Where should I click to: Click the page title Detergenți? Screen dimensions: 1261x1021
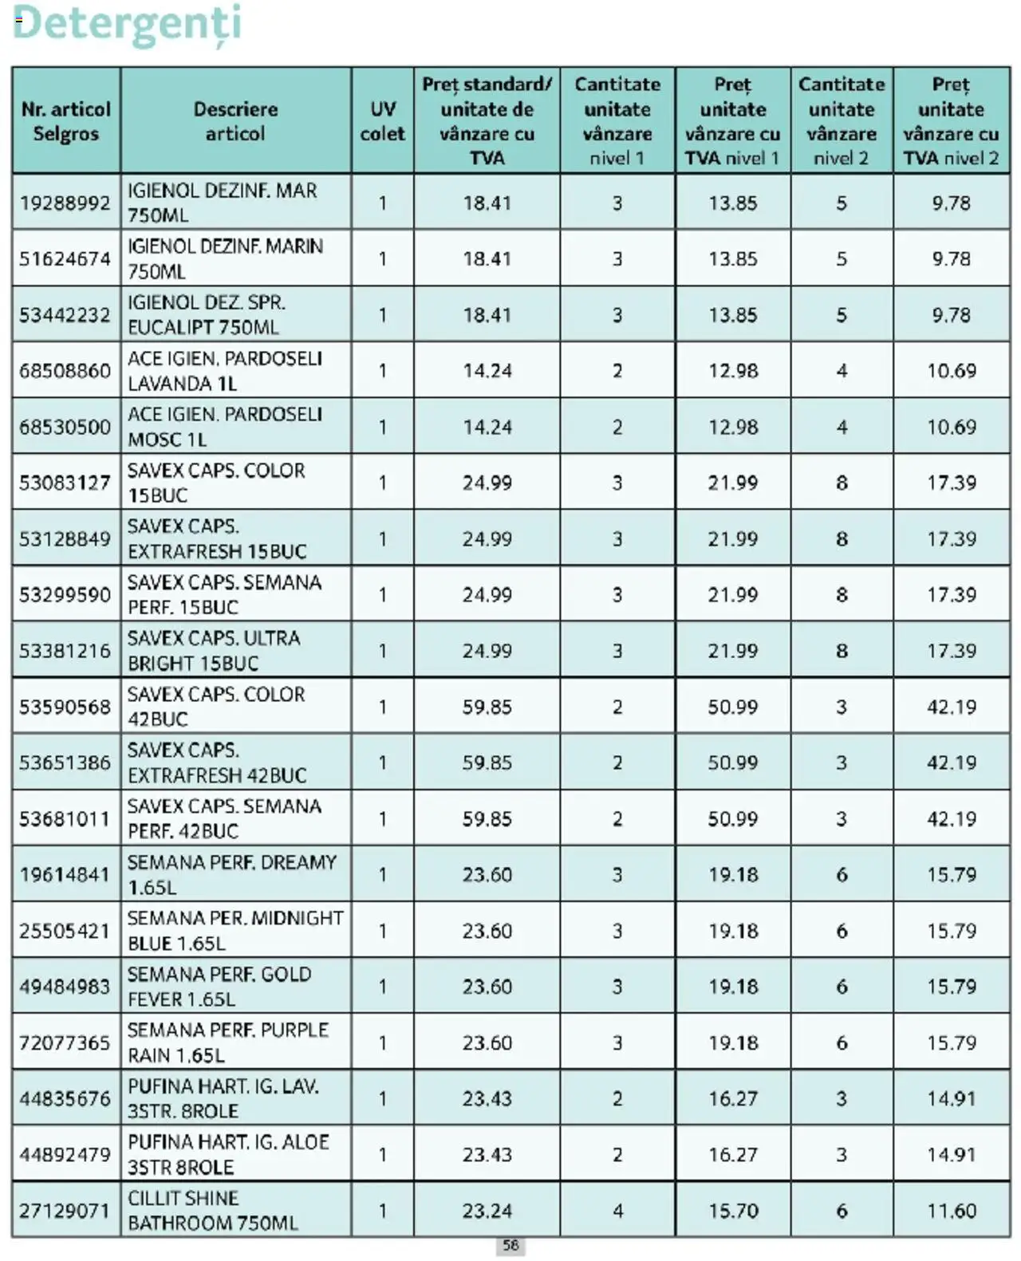tap(127, 24)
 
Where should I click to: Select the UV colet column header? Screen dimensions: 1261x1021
tap(382, 121)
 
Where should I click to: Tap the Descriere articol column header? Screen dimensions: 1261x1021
tap(235, 121)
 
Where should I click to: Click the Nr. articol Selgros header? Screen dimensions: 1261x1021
tap(65, 121)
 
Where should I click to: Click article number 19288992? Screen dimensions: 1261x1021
tap(65, 203)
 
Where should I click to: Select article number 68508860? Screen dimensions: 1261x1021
tap(65, 371)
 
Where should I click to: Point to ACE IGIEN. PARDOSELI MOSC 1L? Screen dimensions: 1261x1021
tap(225, 427)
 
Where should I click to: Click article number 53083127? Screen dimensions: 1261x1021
tap(65, 483)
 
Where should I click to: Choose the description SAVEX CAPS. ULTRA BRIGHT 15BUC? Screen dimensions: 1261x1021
tap(214, 651)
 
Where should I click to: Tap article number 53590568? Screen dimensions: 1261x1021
tap(65, 707)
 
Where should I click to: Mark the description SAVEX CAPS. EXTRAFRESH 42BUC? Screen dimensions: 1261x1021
tap(216, 763)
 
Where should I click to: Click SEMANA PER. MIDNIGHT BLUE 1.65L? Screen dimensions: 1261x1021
tap(235, 931)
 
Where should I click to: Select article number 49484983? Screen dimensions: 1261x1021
tap(65, 987)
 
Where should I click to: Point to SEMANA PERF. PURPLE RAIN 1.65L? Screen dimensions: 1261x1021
tap(227, 1042)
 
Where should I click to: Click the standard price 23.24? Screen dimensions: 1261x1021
tap(487, 1211)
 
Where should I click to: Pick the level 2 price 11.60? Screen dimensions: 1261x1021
tap(951, 1211)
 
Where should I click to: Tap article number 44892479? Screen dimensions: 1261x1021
tap(65, 1154)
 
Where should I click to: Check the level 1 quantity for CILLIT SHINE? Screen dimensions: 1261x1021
tap(617, 1211)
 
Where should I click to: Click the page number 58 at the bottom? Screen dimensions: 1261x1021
tap(510, 1245)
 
